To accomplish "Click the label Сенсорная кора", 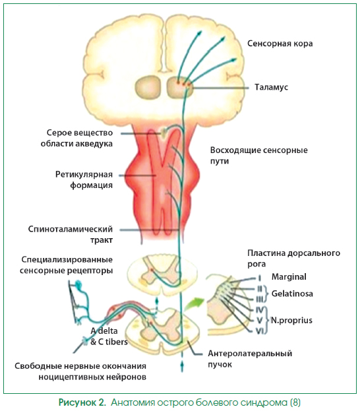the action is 280,44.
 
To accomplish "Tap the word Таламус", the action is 271,87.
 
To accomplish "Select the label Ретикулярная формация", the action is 84,180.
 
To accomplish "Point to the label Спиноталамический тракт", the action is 70,235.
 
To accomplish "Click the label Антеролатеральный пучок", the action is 250,359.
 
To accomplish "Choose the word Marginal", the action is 289,277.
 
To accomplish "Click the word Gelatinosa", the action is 292,294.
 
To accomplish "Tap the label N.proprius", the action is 291,321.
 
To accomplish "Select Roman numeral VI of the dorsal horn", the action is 259,331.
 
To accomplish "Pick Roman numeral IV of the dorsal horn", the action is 259,310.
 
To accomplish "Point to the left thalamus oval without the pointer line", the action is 148,88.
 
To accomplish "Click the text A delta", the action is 104,331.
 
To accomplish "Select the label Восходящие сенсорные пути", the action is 259,156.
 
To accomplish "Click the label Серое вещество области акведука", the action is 76,138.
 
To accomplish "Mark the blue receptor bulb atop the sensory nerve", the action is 78,284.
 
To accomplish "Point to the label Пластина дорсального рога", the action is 293,259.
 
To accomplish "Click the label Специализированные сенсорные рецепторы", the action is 67,265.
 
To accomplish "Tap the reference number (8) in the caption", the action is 295,402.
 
